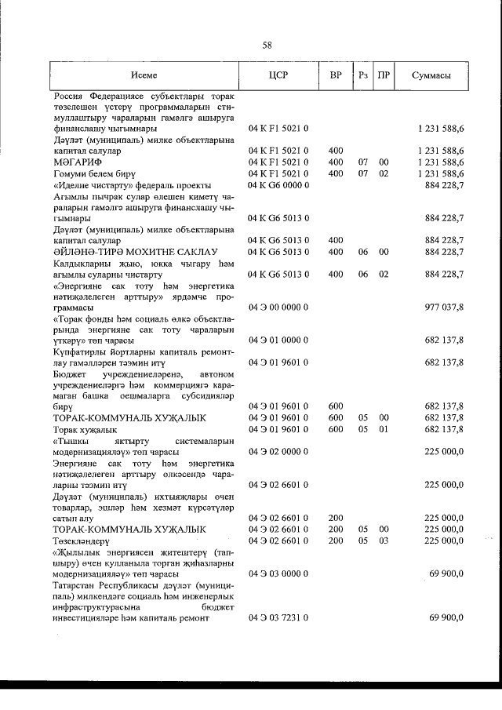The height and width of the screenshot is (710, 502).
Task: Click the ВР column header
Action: pos(336,75)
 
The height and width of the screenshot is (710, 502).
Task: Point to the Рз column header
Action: pos(362,75)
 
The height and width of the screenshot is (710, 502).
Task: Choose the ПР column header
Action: pos(384,75)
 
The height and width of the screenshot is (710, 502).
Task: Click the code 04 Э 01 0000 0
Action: pos(278,340)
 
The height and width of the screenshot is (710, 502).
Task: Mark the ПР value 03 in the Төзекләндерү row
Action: pos(384,541)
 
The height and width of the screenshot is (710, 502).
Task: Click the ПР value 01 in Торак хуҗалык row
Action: pos(384,429)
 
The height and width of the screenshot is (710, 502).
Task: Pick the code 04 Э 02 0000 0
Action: pos(278,451)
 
